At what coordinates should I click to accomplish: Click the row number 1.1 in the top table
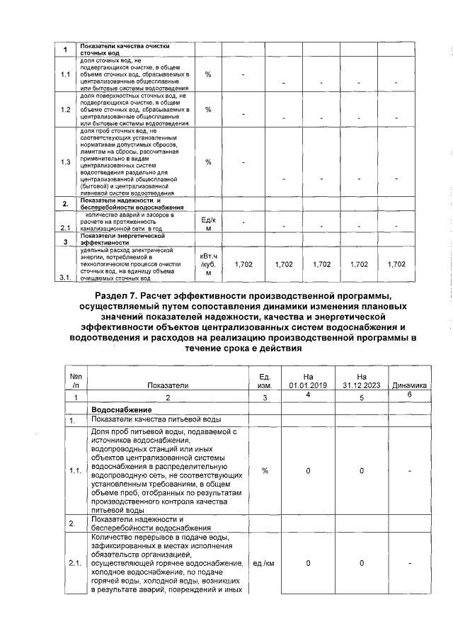(65, 74)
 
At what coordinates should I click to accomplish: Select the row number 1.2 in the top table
(65, 110)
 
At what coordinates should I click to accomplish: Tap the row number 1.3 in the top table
(65, 162)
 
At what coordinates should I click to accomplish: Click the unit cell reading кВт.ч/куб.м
(209, 263)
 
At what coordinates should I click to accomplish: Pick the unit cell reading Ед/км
(209, 224)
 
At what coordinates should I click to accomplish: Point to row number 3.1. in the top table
(66, 278)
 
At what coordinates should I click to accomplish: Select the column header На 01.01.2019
(308, 380)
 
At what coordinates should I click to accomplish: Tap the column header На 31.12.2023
(362, 380)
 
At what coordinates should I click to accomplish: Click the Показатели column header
(168, 385)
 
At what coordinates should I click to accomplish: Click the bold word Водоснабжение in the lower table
(122, 410)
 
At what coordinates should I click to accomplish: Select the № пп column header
(75, 380)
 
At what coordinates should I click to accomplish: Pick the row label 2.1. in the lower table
(75, 563)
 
